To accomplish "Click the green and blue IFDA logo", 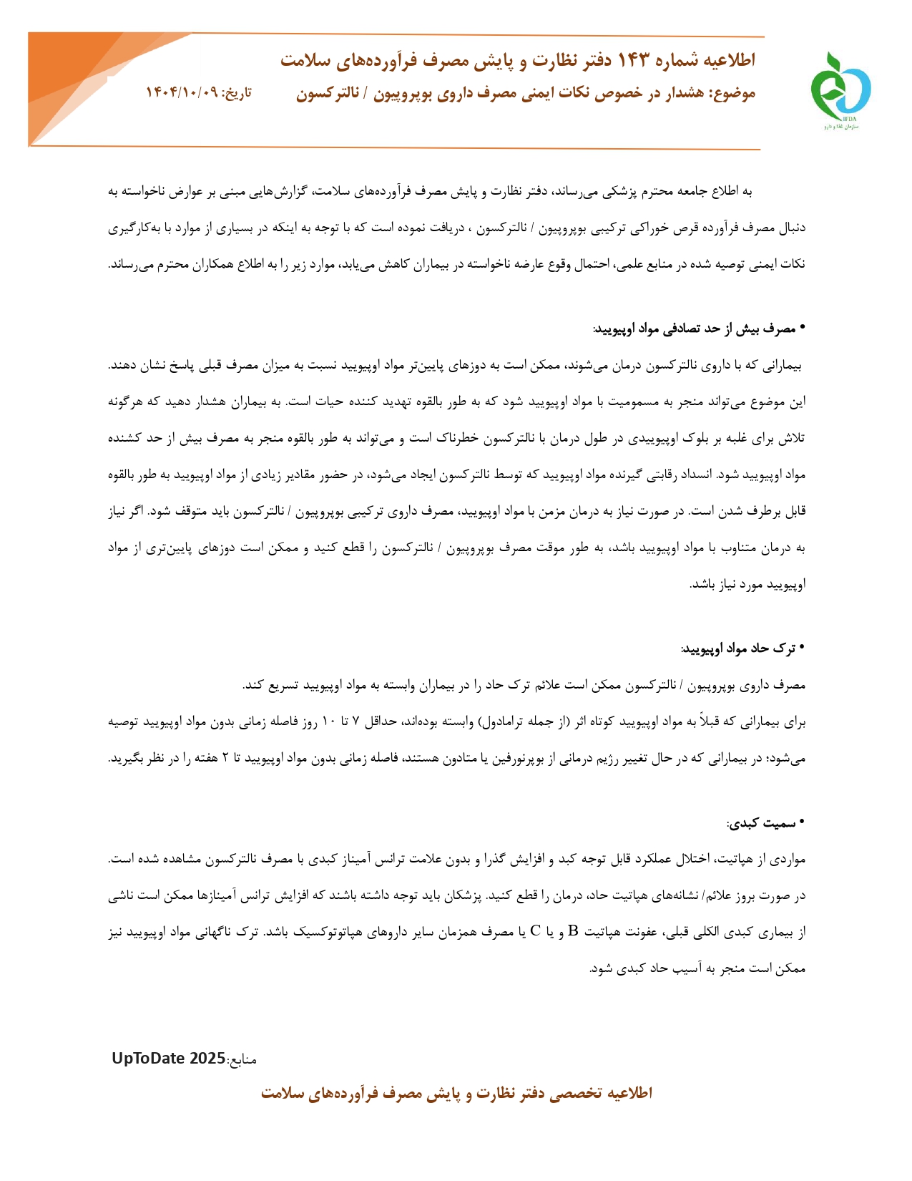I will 840,89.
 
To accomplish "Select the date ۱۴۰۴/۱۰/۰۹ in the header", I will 182,93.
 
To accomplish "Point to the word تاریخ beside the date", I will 237,93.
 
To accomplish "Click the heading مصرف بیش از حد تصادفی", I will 694,329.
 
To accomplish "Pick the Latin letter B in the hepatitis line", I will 573,932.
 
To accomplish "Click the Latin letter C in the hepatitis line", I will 535,932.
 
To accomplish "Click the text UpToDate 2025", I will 168,1059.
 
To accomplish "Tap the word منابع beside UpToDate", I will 242,1059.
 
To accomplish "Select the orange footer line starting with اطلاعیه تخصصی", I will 456,1094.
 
